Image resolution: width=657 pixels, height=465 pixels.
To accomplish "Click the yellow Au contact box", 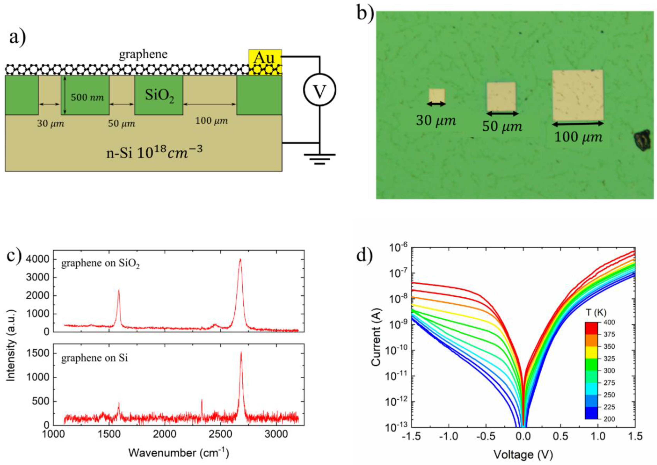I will (x=265, y=58).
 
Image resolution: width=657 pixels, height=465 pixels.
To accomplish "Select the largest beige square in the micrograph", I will (x=578, y=95).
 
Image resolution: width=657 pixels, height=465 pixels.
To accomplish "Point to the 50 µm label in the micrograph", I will (x=502, y=126).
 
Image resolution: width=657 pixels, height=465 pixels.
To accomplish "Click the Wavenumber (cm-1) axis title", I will (x=178, y=453).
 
